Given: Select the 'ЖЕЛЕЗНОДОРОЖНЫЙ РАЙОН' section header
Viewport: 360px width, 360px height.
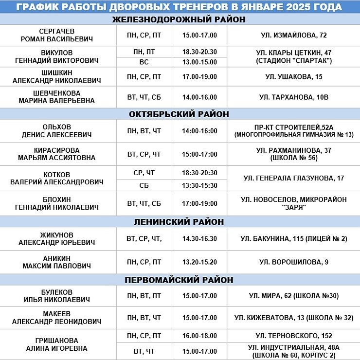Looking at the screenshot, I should (179, 19).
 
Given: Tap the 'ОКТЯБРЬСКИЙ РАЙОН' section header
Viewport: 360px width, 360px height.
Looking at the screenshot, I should (179, 114).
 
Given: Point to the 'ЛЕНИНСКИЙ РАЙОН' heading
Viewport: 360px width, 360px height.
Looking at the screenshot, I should (179, 222).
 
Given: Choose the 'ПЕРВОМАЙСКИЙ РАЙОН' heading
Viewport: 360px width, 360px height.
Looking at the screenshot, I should (179, 280).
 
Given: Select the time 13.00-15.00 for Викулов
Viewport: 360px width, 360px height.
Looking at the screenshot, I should (199, 62).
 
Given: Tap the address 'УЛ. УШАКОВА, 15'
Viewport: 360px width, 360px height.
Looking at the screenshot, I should (293, 77).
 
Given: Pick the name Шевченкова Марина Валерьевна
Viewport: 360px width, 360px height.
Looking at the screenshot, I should (57, 97).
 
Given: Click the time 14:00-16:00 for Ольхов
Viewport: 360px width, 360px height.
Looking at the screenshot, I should (199, 131).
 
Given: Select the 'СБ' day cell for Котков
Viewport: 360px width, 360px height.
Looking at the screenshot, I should (144, 185).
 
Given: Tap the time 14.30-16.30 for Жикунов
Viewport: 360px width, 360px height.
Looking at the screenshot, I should (199, 239).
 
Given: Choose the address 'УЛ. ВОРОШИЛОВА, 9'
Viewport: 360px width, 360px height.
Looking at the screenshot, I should (293, 262).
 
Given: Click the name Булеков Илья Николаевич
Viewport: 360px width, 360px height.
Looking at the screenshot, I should (57, 296).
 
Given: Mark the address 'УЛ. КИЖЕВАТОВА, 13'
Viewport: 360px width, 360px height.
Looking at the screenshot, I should (293, 318).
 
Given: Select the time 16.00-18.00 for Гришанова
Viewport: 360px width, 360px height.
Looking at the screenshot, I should (199, 336).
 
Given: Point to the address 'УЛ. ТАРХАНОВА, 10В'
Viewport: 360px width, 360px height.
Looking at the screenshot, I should (293, 97).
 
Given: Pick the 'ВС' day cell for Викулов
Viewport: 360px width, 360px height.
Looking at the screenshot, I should (144, 62).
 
